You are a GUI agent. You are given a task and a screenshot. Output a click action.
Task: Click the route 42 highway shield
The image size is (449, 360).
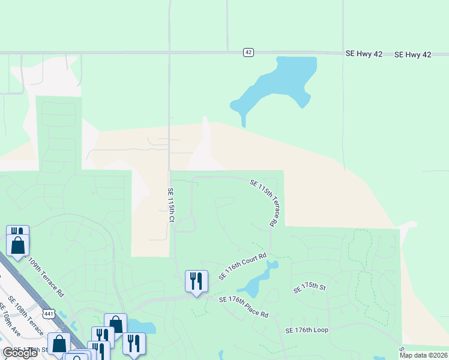pos(249,53)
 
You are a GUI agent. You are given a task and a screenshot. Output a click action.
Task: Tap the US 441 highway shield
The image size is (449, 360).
pos(49,313)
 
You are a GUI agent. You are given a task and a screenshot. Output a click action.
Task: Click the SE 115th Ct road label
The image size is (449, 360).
pos(170,205)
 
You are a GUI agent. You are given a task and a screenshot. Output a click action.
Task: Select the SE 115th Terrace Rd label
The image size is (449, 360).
pos(262,202)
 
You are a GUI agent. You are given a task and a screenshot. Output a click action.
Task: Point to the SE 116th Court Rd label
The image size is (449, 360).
pos(242,266)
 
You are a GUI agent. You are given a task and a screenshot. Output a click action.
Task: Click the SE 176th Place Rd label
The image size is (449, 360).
pos(243,307)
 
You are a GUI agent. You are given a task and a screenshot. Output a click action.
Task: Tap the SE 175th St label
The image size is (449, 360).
pos(309,288)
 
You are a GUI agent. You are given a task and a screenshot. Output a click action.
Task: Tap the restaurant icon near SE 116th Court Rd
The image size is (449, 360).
pos(196,281)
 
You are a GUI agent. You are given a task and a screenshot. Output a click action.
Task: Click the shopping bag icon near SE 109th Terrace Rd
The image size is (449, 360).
pos(18,245)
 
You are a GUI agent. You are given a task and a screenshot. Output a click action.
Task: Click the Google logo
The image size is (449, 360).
pos(19,353)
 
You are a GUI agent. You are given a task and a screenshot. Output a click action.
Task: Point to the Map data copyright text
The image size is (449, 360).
pos(423,355)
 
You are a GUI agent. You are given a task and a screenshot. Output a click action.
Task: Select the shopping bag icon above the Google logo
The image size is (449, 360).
pos(59,344)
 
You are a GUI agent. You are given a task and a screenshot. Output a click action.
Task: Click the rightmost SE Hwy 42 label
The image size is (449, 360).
pos(413,55)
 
